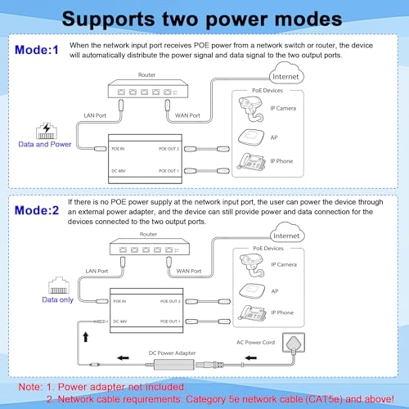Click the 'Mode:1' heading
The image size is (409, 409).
click(x=36, y=50)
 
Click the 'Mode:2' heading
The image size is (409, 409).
click(x=36, y=209)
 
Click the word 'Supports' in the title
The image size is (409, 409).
click(x=110, y=17)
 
